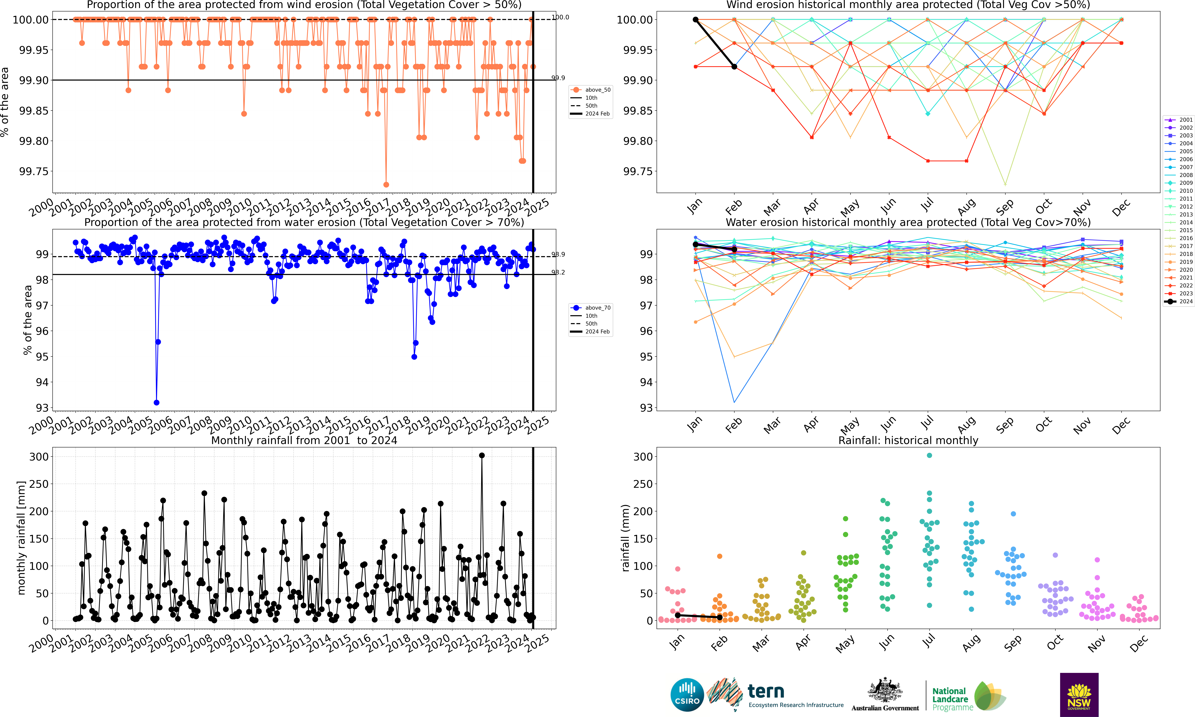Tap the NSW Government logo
(1079, 694)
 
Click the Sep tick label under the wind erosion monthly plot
(1005, 207)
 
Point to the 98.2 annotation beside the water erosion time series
(558, 272)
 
